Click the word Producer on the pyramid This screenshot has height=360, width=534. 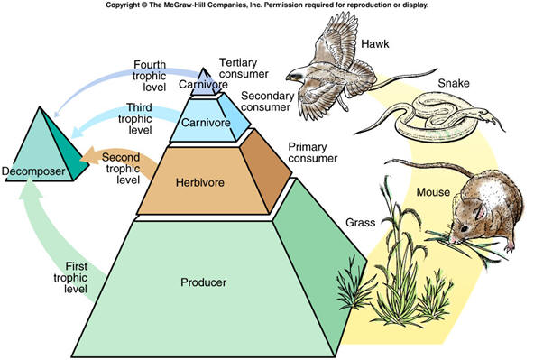(203, 282)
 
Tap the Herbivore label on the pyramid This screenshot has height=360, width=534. (200, 182)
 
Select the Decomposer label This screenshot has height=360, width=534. (33, 171)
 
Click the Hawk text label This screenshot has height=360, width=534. (375, 44)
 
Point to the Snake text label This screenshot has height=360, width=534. (454, 83)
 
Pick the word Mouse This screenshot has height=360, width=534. (433, 192)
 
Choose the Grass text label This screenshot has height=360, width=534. (360, 223)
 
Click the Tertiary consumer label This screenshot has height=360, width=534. (244, 68)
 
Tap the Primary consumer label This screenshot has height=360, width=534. (313, 152)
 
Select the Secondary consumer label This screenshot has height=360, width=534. (267, 101)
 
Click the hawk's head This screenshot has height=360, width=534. (296, 75)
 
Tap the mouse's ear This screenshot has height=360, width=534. (480, 211)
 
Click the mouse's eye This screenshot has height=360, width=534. (463, 227)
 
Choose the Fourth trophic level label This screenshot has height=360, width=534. (149, 76)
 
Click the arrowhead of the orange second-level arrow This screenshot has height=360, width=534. (87, 156)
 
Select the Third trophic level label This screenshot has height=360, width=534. (135, 118)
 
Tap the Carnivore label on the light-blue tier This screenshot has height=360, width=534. (206, 123)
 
